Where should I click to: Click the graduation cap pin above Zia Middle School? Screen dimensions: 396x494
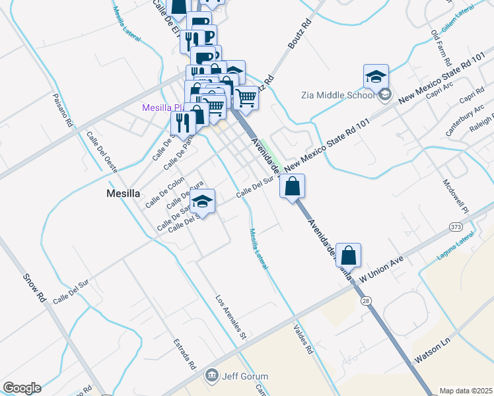pyautogui.click(x=376, y=77)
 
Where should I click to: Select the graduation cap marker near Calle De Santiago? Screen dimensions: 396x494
pyautogui.click(x=203, y=202)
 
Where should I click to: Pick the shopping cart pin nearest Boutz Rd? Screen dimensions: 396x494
pyautogui.click(x=246, y=98)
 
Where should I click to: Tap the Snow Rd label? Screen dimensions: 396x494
pyautogui.click(x=34, y=288)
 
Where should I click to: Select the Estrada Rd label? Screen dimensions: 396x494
pyautogui.click(x=184, y=354)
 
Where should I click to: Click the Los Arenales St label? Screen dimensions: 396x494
pyautogui.click(x=230, y=316)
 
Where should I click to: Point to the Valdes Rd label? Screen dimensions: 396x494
pyautogui.click(x=302, y=339)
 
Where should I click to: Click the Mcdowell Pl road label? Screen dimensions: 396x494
pyautogui.click(x=454, y=196)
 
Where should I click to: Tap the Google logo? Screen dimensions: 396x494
pyautogui.click(x=22, y=388)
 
